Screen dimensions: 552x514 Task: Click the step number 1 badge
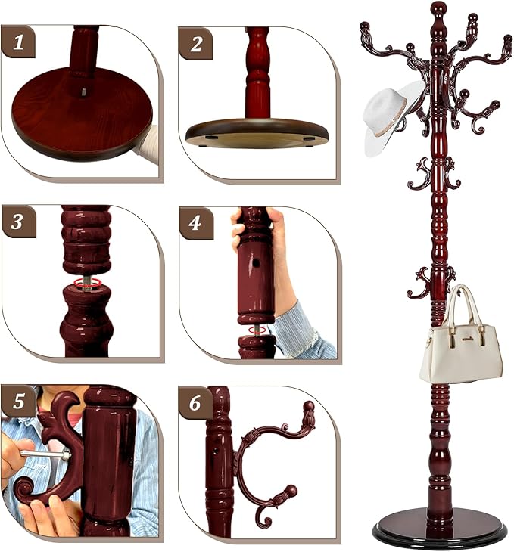coord(19,44)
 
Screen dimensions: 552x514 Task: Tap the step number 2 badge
coord(195,44)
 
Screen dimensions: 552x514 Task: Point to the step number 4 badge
coord(195,223)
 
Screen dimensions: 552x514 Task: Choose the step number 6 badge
coord(195,404)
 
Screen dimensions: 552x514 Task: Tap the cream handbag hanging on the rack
coord(461,352)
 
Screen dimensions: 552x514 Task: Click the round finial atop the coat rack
coord(438,10)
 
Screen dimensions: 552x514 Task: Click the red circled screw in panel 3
coord(86,284)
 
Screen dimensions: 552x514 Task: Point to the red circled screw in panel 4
coord(257,330)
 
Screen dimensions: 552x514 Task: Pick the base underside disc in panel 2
coord(257,135)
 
